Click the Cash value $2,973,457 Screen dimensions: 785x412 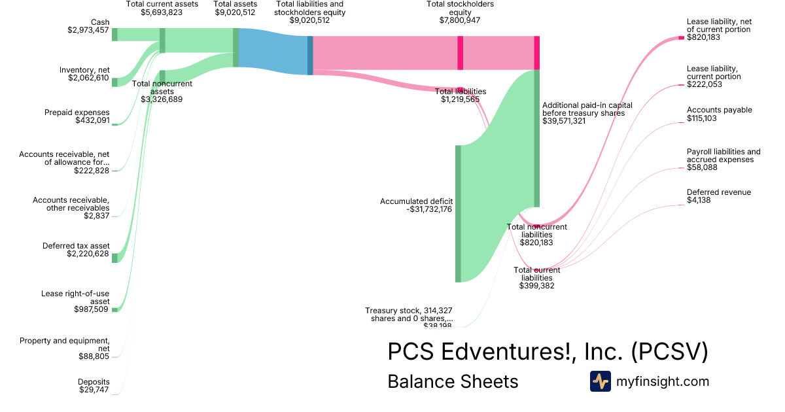click(x=88, y=30)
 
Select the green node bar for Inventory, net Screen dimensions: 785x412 click(x=114, y=82)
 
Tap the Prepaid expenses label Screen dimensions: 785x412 click(x=77, y=112)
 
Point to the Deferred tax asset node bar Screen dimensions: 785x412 click(x=114, y=258)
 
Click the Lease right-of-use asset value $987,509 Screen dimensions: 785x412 click(x=92, y=309)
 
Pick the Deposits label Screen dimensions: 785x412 click(x=94, y=382)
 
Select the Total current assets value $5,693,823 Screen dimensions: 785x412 click(x=162, y=12)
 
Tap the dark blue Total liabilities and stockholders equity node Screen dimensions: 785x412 click(x=310, y=56)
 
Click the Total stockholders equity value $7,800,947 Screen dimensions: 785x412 click(x=461, y=20)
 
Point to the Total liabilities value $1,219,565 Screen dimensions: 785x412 click(x=461, y=99)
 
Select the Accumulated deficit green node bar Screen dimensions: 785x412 click(x=458, y=214)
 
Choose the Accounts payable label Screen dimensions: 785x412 click(x=720, y=110)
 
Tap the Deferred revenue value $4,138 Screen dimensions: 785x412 click(x=699, y=200)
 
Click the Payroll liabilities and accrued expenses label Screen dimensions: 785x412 click(x=724, y=156)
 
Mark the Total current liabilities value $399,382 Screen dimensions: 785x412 click(x=536, y=286)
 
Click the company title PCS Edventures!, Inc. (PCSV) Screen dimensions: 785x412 click(x=548, y=352)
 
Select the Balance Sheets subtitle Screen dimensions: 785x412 click(x=453, y=381)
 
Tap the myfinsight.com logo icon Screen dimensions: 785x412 click(x=600, y=381)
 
